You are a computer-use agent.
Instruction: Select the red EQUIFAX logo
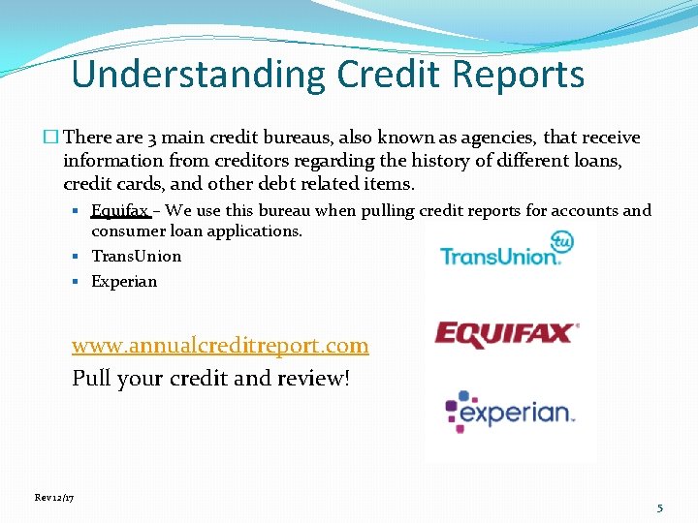506,335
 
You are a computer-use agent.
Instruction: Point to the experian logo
510,412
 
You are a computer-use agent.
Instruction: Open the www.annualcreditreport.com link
220,345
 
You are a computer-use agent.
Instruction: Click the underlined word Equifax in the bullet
119,210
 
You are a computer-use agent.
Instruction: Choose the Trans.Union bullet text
137,256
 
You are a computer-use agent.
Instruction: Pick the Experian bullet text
124,281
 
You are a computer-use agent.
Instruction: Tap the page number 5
660,508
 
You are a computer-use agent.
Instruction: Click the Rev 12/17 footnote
54,497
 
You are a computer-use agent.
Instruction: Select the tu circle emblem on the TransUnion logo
562,241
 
